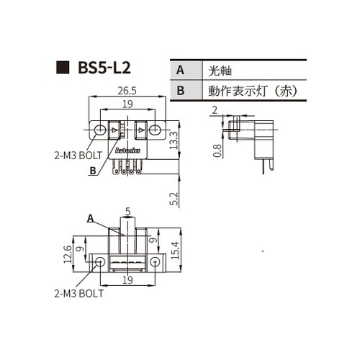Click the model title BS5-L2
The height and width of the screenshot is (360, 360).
tap(104, 70)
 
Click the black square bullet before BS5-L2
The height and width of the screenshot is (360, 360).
tap(62, 70)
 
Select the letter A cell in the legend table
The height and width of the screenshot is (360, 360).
tap(180, 71)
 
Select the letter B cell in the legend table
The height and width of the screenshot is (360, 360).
tap(180, 91)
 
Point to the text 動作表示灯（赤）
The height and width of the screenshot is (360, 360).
tap(252, 91)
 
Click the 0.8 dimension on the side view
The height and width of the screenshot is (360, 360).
tap(217, 150)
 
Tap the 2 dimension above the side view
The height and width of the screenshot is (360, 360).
tap(215, 110)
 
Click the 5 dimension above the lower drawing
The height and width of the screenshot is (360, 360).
tap(127, 212)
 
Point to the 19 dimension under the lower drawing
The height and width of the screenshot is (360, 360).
tap(127, 280)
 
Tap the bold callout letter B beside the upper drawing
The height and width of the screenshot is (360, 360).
tap(92, 171)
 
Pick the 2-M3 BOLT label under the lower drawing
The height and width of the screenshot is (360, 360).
tap(78, 293)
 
